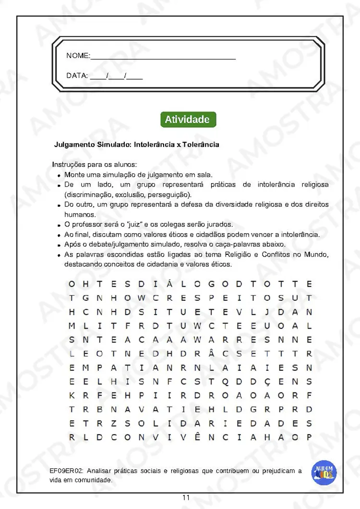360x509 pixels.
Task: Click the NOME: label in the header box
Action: click(78, 56)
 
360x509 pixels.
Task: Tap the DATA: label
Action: click(77, 76)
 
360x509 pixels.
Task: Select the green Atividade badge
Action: click(187, 119)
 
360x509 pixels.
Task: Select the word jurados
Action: click(220, 225)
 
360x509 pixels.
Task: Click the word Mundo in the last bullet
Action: click(317, 254)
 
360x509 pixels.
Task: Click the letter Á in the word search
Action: click(170, 284)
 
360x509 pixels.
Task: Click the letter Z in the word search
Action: click(114, 424)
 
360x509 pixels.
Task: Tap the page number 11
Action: click(186, 498)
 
